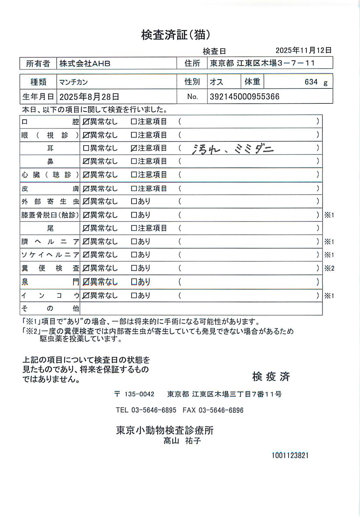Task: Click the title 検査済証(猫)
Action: coord(176,35)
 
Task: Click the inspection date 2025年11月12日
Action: coord(303,50)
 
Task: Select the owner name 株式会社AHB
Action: coord(85,64)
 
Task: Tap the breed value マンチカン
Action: coord(74,82)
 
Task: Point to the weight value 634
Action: coord(311,82)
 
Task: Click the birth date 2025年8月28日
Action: coord(89,97)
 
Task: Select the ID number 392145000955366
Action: coord(245,97)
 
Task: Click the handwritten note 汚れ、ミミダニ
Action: coord(232,149)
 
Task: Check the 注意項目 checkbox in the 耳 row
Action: coord(134,148)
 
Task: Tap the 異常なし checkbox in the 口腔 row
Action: coord(86,122)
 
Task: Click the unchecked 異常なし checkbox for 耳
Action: coord(86,148)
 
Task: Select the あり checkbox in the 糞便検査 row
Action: coord(134,268)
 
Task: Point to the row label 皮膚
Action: coord(50,188)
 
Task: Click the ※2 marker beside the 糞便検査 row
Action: coord(329,268)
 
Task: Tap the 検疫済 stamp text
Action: coord(271,377)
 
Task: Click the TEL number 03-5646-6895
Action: coord(154,410)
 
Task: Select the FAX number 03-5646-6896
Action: coord(221,410)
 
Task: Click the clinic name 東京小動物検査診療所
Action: coord(165,430)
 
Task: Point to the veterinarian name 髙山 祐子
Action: coord(182,441)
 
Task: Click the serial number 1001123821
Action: coord(290,456)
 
